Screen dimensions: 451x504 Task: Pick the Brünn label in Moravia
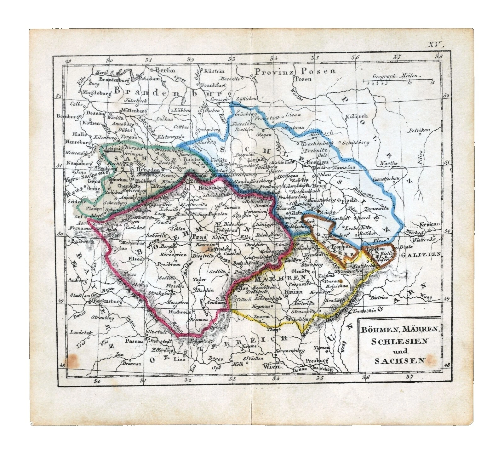(294, 292)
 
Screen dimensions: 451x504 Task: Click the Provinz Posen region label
(295, 71)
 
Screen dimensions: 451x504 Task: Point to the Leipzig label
(114, 148)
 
